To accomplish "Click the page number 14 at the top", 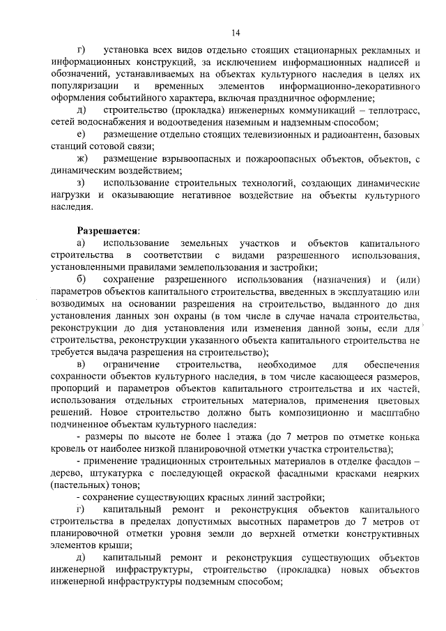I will pyautogui.click(x=236, y=32).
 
